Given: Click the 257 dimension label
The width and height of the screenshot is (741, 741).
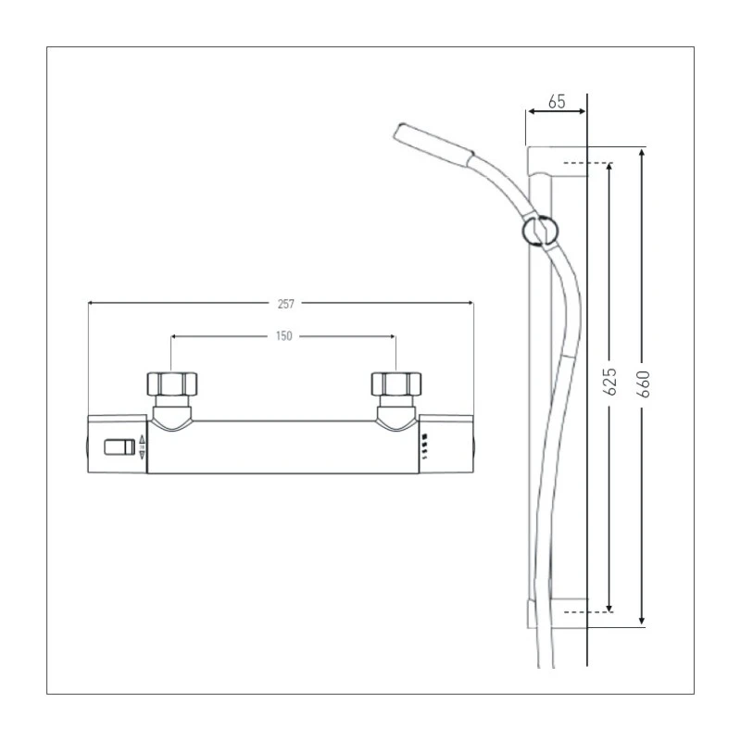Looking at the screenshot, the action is [x=286, y=304].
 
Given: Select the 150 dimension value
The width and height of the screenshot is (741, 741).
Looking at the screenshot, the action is [x=283, y=336].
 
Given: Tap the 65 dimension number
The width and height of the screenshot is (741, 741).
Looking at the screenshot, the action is [x=557, y=102].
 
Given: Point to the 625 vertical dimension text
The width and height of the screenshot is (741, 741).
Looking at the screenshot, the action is [x=610, y=381].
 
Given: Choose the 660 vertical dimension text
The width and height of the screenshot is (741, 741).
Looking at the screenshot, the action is [x=643, y=384].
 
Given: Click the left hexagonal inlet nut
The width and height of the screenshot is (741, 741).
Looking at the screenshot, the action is [x=171, y=383].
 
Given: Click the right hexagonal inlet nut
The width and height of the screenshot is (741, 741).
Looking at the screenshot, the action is [x=396, y=383].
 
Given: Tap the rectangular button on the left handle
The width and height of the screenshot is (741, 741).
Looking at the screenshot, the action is [x=119, y=447].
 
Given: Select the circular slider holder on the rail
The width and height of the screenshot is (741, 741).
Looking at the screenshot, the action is [x=540, y=231].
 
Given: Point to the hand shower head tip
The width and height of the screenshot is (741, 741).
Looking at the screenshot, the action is [x=400, y=131].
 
